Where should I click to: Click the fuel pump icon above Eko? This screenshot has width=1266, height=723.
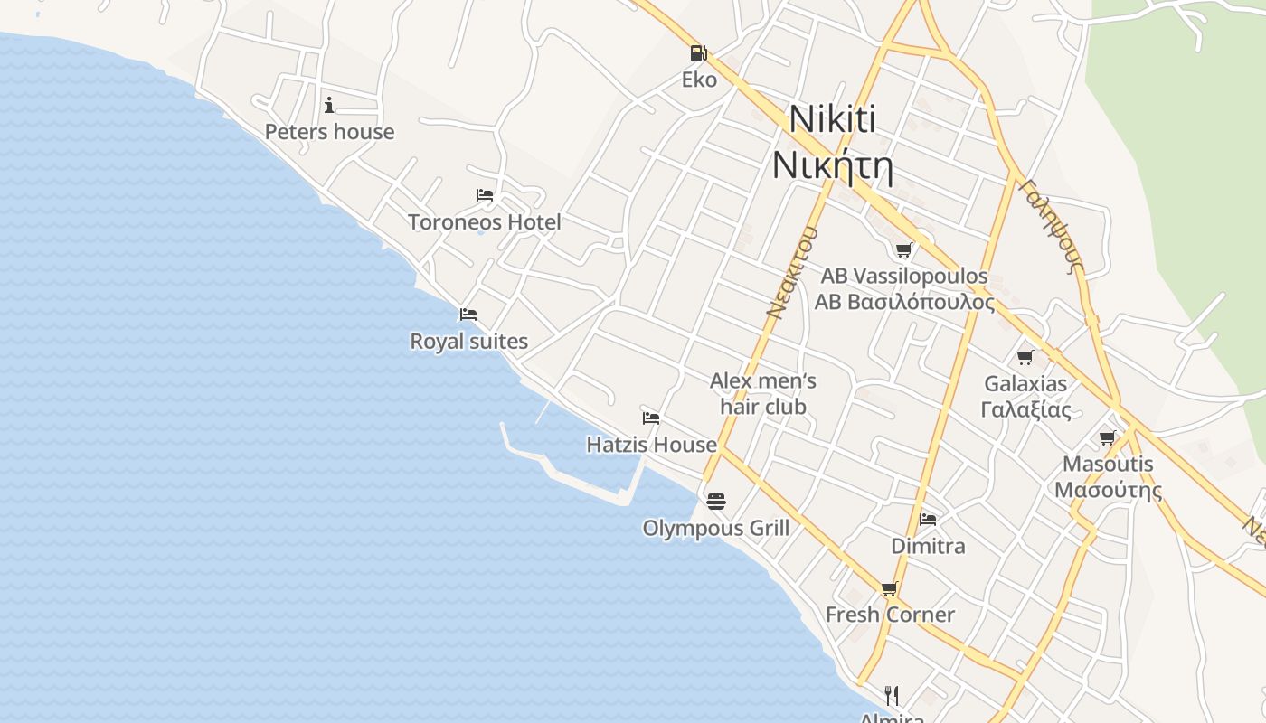[x=697, y=53]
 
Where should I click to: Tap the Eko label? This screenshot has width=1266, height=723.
[x=699, y=80]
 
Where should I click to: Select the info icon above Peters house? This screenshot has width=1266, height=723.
[x=329, y=105]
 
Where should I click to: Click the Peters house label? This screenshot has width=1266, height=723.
[x=329, y=132]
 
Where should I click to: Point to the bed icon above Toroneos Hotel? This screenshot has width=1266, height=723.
[x=485, y=195]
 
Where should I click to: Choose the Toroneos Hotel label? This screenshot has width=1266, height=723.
[x=484, y=222]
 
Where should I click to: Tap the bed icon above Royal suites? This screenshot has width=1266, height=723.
[x=468, y=315]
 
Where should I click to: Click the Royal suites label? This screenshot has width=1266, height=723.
[x=468, y=342]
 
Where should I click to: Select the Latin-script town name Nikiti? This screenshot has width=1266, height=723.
[x=832, y=121]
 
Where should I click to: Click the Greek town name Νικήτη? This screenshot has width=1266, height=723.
[x=832, y=166]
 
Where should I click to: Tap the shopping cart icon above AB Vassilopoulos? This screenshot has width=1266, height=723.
[x=903, y=249]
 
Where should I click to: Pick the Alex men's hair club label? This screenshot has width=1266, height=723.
[x=763, y=393]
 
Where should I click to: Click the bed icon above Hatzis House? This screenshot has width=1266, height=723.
[x=651, y=418]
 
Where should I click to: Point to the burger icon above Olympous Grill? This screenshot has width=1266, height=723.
[x=716, y=501]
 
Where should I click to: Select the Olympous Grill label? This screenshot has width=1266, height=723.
[x=715, y=529]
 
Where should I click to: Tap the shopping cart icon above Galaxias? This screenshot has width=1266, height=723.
[x=1025, y=357]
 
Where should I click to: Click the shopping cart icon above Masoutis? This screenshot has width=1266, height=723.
[x=1108, y=438]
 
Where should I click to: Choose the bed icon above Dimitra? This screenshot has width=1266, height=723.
[x=928, y=520]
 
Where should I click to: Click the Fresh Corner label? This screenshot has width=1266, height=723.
[x=890, y=615]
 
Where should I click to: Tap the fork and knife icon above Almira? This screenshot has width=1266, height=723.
[x=892, y=695]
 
